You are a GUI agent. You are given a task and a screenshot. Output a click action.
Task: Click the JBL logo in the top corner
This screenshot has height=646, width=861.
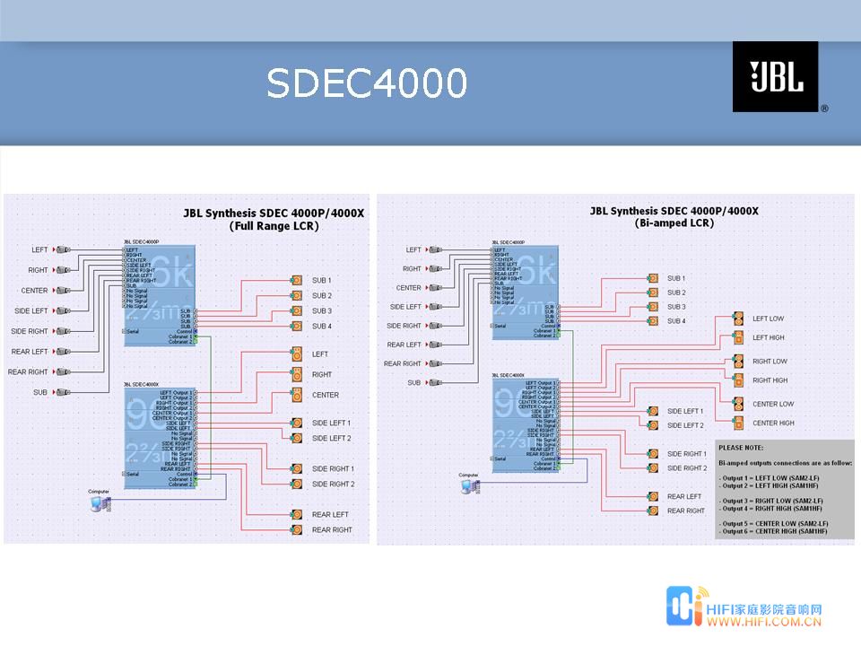776,77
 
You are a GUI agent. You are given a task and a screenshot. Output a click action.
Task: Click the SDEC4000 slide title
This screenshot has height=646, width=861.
367,83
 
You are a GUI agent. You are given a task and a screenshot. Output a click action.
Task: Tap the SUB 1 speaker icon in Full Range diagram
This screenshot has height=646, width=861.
297,281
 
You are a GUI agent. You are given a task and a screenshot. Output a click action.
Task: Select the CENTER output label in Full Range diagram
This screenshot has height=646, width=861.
325,395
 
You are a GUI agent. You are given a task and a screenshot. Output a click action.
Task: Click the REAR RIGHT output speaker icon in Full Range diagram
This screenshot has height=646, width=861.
297,530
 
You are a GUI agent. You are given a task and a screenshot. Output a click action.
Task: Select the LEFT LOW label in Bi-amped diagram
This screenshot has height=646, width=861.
768,319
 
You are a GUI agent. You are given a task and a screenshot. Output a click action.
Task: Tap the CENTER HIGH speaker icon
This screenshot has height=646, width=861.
738,423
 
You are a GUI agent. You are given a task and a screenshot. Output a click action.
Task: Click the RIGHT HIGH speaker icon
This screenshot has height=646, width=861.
738,380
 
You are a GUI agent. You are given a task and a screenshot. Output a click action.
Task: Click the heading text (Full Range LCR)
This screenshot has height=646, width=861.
274,226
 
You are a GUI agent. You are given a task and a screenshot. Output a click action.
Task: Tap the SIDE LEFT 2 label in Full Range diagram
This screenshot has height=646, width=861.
331,438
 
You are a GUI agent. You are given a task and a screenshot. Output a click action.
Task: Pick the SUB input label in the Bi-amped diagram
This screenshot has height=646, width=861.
413,382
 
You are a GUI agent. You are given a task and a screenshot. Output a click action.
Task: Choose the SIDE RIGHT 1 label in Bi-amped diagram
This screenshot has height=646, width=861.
686,454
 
